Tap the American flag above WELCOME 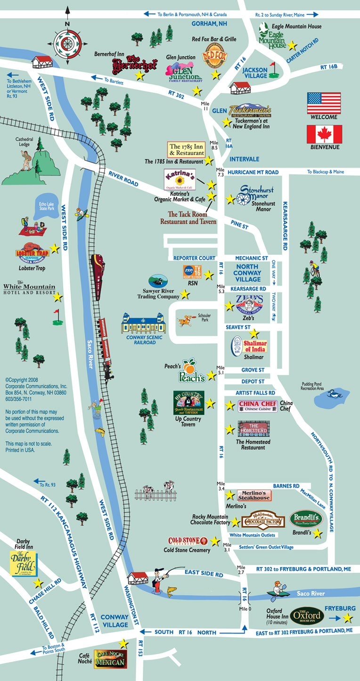pyautogui.click(x=324, y=103)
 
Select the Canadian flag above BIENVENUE pyautogui.click(x=324, y=134)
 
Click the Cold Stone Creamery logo pyautogui.click(x=188, y=541)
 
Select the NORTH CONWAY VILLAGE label pyautogui.click(x=247, y=273)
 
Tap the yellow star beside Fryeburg pyautogui.click(x=348, y=617)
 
